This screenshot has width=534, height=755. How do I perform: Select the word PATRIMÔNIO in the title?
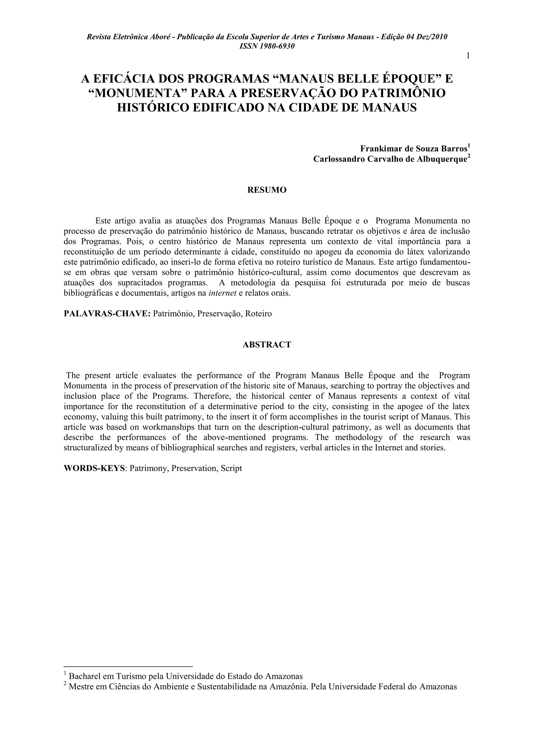(x=403, y=93)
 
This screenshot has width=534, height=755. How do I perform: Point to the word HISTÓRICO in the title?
(x=153, y=107)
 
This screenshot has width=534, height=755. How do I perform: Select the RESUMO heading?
(x=267, y=190)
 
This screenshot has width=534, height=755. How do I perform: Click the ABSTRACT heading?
(x=267, y=345)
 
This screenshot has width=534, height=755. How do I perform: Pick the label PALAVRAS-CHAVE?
(x=107, y=314)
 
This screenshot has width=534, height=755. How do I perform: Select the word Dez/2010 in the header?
(x=432, y=37)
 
